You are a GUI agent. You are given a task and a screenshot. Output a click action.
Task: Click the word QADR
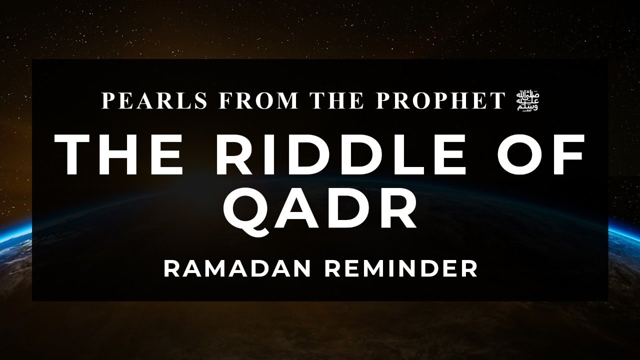(x=320, y=208)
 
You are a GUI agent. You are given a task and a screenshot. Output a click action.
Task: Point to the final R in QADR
(x=395, y=208)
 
